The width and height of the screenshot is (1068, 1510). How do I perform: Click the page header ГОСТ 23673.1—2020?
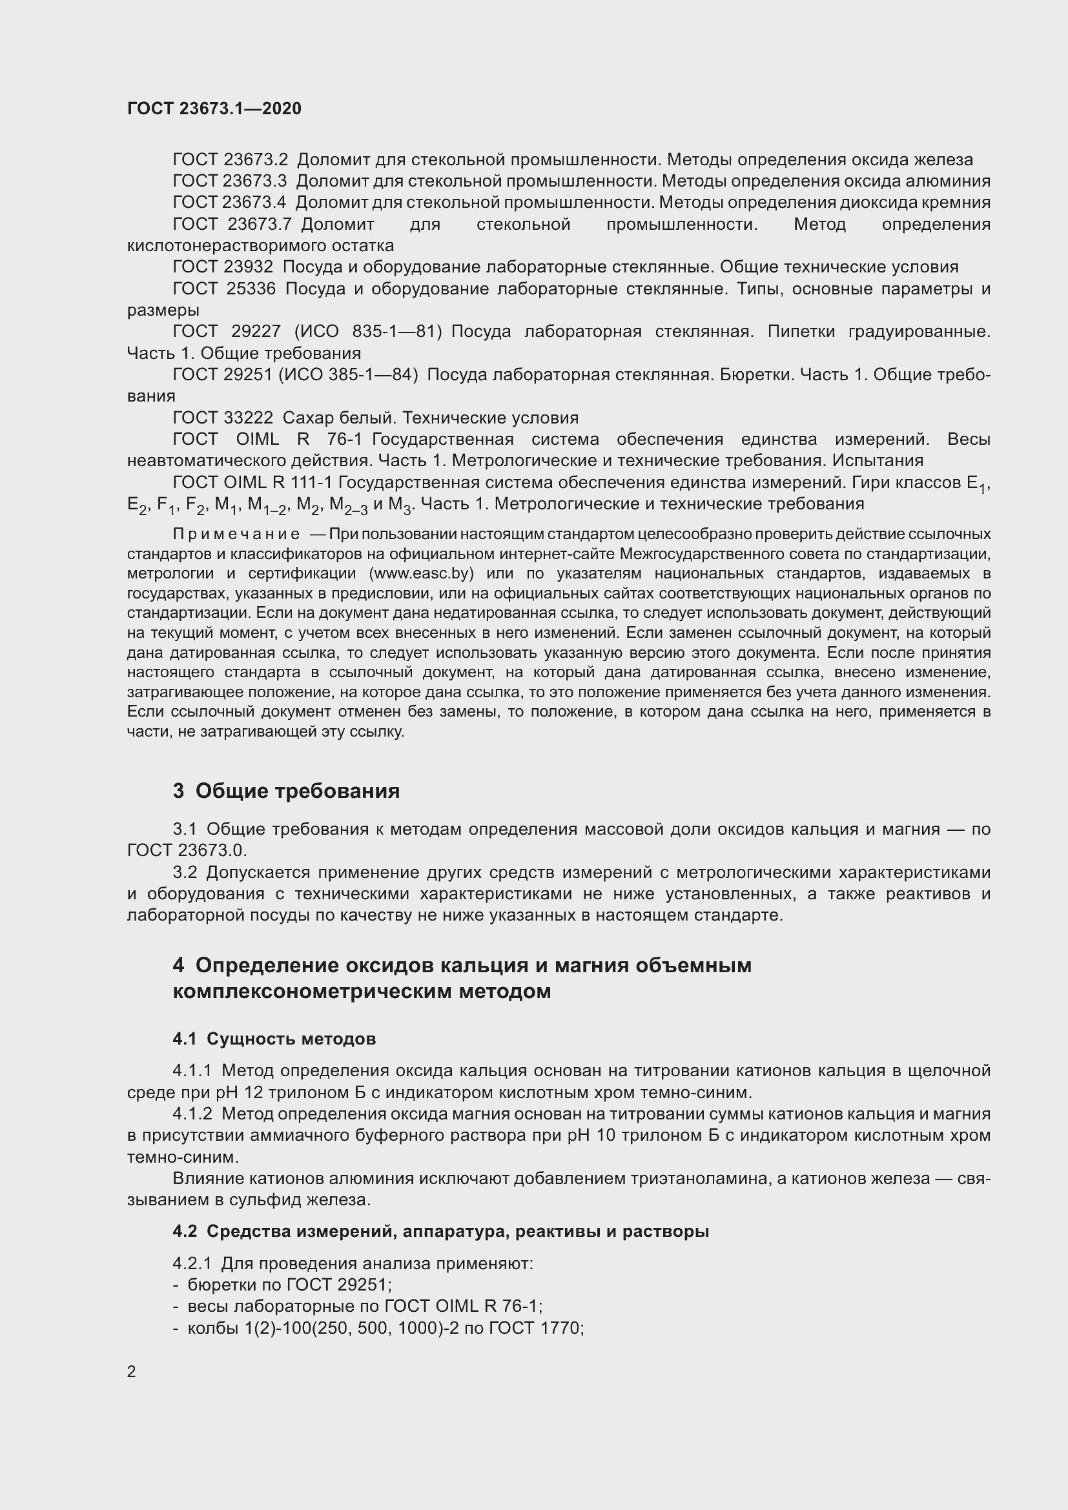pos(214,108)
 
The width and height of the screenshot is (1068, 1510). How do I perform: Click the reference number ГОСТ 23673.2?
pos(230,160)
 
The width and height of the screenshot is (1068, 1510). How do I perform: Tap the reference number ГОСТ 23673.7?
pos(232,224)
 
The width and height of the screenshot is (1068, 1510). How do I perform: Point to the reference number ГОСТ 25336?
pos(223,289)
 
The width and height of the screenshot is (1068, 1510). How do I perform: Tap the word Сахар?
pos(307,418)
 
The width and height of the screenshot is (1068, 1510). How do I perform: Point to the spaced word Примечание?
pos(236,534)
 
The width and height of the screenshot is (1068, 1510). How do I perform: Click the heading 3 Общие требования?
pos(286,791)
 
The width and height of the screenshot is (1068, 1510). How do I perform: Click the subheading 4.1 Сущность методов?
pos(274,1039)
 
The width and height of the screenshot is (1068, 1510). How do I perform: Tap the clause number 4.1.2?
pos(192,1114)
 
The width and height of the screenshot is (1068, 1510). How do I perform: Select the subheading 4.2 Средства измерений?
pos(440,1232)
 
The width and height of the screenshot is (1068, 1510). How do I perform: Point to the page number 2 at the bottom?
pos(132,1371)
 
